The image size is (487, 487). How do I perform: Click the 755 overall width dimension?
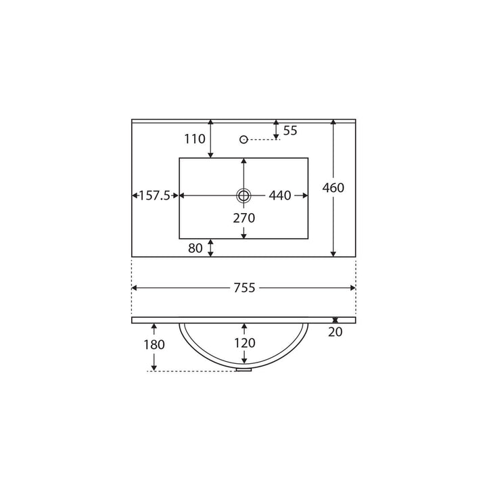244,288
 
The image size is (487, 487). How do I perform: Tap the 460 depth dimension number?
333,187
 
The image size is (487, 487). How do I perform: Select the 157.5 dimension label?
154,195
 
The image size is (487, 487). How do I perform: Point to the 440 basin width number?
280,195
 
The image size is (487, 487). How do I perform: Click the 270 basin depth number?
244,218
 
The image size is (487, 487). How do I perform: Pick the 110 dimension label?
195,139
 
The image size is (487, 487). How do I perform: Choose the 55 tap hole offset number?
290,131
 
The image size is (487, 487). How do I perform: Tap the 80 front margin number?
195,248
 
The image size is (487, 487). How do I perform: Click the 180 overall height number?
154,345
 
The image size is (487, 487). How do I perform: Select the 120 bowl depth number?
245,343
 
